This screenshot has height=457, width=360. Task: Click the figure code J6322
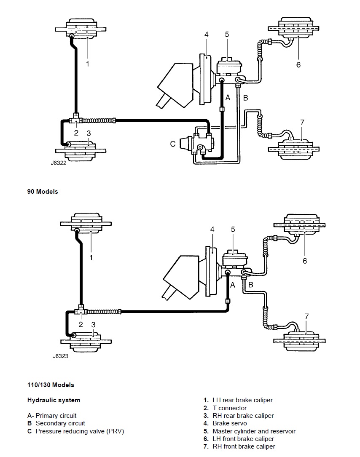coord(59,163)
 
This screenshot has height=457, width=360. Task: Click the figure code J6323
coord(60,356)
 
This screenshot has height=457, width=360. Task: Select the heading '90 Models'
coord(43,192)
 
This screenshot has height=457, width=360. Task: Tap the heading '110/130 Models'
coord(51,385)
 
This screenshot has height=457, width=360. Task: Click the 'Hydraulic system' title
coord(54,400)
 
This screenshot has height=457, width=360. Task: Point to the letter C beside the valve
coord(173,144)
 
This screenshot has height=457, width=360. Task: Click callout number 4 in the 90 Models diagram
coord(206,35)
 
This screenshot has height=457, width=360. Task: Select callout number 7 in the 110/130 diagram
coord(306,316)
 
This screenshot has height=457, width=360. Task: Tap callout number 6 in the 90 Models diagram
coord(298,65)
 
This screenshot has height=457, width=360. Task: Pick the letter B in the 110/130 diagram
coord(250,285)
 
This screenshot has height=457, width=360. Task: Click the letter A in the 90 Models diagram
coord(228,98)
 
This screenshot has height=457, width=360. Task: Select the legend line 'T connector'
coord(230,408)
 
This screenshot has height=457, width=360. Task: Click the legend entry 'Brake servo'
coord(230,423)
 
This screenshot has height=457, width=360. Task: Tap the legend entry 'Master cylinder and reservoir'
coord(254,431)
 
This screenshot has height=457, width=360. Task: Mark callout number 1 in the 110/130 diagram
coord(91,258)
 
